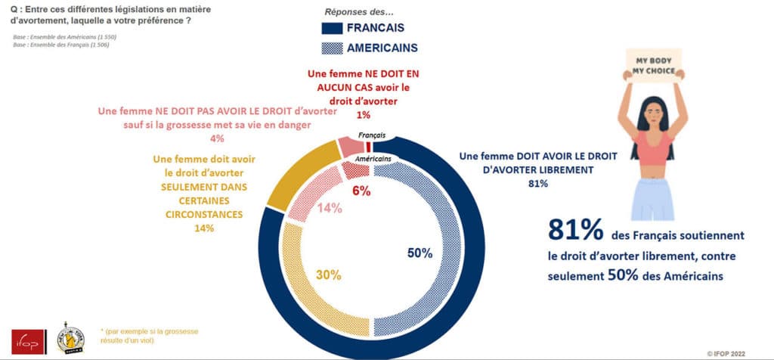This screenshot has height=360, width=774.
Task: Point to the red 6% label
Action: pos(361,191)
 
